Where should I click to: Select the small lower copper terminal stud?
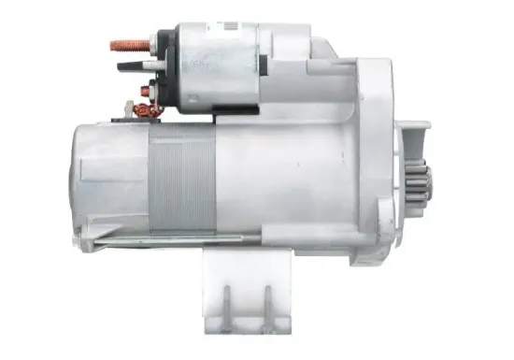(146, 92)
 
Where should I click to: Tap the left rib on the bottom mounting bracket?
(227, 304)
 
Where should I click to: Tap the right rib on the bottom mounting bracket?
(265, 304)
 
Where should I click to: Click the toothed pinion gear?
(419, 188)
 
